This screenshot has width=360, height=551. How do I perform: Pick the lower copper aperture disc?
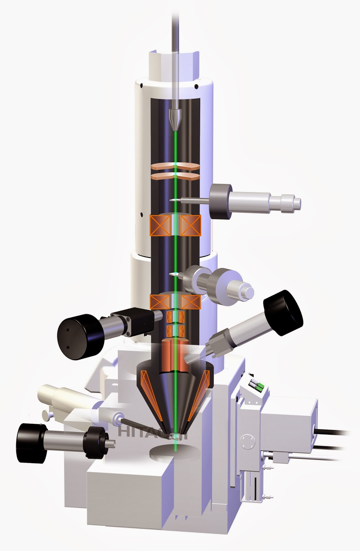tap(175, 176)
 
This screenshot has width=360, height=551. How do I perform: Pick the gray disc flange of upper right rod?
tap(221, 201)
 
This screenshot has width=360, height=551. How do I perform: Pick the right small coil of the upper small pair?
tap(182, 316)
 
